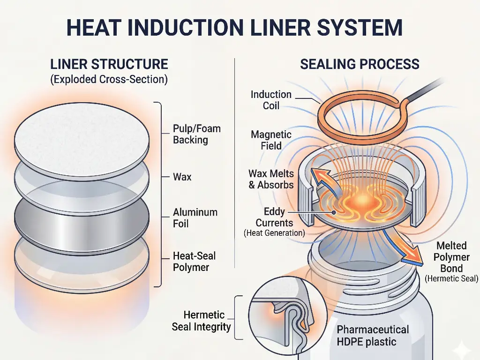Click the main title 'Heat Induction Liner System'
click(x=234, y=27)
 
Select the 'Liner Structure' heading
click(x=109, y=64)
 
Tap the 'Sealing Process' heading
click(x=360, y=64)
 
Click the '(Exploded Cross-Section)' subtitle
click(x=109, y=79)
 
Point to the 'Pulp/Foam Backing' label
click(x=196, y=134)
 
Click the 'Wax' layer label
click(x=182, y=177)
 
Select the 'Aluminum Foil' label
click(x=195, y=218)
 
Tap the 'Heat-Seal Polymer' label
click(x=194, y=262)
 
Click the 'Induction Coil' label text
click(x=271, y=100)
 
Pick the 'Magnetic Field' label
click(x=271, y=140)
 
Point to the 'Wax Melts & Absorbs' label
click(x=271, y=179)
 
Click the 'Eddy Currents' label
click(x=274, y=217)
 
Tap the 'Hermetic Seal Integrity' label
click(x=202, y=321)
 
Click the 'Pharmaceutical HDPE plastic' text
click(x=373, y=335)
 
